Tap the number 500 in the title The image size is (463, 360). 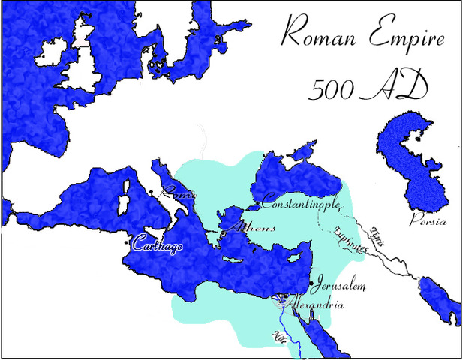(x=332, y=88)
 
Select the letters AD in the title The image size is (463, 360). (x=398, y=88)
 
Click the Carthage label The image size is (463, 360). (x=158, y=245)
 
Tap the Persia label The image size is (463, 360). (x=428, y=222)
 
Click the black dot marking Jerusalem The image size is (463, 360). (x=311, y=283)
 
